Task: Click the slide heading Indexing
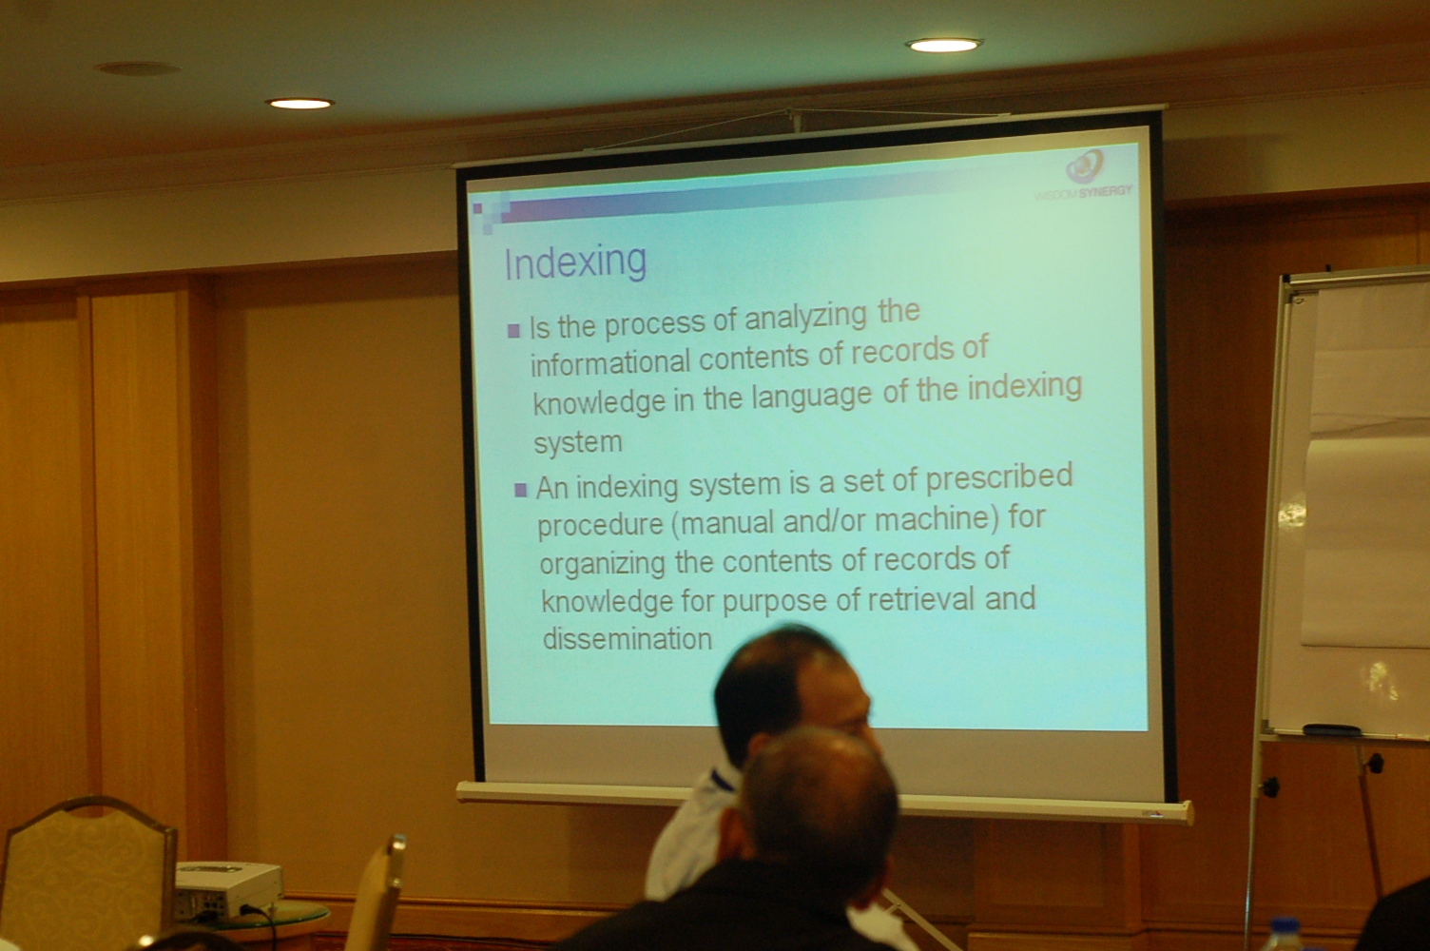[575, 262]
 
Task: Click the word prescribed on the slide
[999, 477]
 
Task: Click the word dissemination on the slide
[627, 639]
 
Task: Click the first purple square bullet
[513, 331]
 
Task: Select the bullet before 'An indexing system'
[521, 490]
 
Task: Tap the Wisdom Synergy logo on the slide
[1084, 174]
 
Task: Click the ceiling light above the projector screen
[944, 45]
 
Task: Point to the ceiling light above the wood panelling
[300, 103]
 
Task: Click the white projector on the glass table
[227, 888]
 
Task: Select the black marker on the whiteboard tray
[1331, 729]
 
